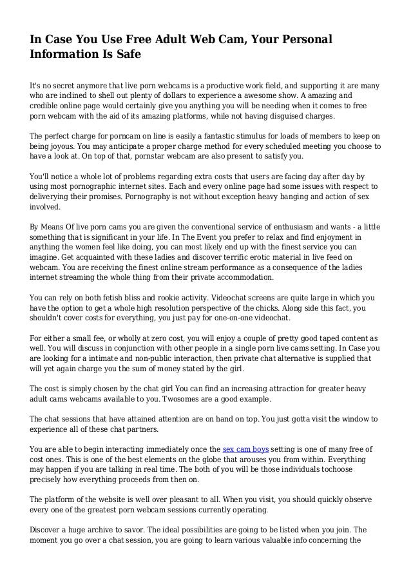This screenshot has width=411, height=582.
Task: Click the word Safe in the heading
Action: coord(128,55)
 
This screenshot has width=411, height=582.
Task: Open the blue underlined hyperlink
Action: coord(246,449)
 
